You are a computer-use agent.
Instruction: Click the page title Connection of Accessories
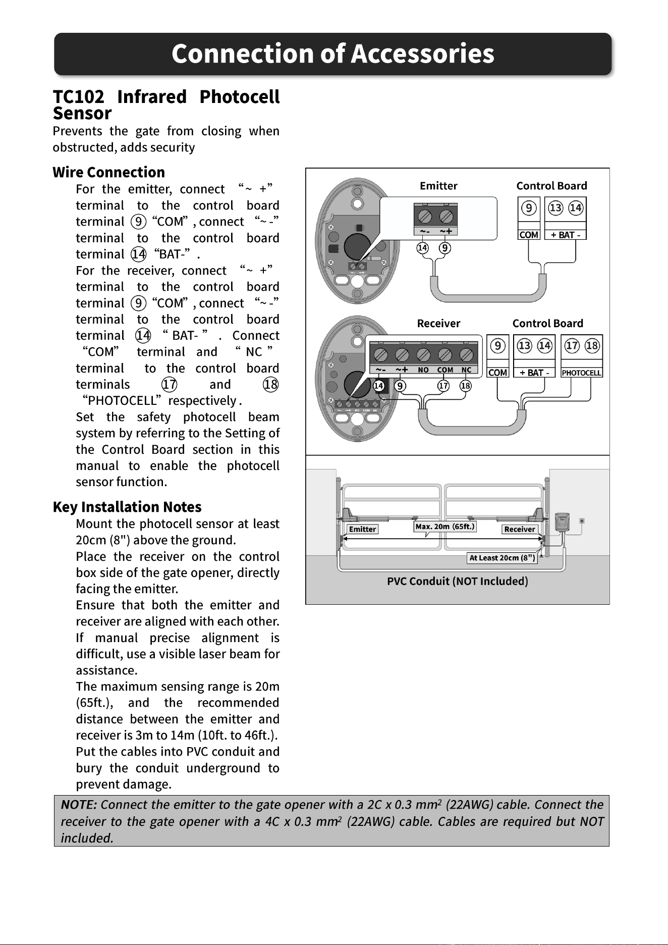point(333,54)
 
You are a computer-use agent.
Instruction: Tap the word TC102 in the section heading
point(79,96)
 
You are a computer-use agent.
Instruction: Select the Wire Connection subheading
point(109,172)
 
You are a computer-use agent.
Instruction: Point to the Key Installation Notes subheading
point(127,507)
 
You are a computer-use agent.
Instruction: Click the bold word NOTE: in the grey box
point(79,805)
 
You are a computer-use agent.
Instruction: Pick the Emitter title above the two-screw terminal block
point(438,186)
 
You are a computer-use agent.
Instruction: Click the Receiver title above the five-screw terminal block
point(438,323)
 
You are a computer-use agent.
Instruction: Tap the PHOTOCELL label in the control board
point(581,373)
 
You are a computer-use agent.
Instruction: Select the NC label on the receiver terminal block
point(466,370)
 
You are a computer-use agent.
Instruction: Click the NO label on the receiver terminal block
point(423,370)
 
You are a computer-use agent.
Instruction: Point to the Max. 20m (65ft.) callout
point(444,527)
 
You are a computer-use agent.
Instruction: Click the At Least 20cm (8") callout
point(502,558)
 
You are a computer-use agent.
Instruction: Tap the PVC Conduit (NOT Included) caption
point(458,581)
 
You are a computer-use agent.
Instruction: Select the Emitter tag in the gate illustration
point(362,529)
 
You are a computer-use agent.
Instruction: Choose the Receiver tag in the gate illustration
point(520,529)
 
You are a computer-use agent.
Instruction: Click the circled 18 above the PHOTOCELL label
point(592,346)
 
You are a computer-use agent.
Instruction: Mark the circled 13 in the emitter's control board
point(555,208)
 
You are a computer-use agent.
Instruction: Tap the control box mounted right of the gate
point(562,522)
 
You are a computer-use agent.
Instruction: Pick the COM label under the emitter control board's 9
point(529,235)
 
